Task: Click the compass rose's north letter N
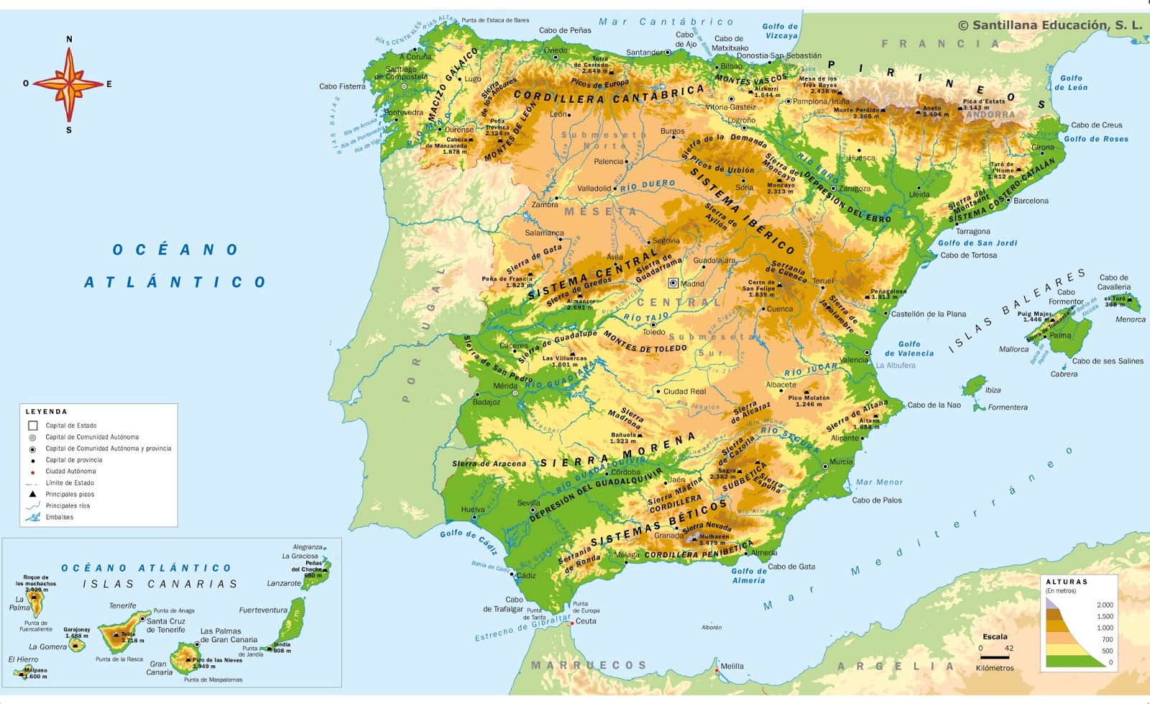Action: pyautogui.click(x=69, y=40)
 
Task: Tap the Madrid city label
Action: pyautogui.click(x=692, y=284)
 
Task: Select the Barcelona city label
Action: pyautogui.click(x=1031, y=201)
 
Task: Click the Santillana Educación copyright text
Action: pyautogui.click(x=1049, y=25)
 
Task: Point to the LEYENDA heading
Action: pyautogui.click(x=46, y=412)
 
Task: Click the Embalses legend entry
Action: pyautogui.click(x=59, y=518)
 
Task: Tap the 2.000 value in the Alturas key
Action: pyautogui.click(x=1105, y=605)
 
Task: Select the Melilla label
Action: pyautogui.click(x=732, y=667)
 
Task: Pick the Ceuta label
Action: pyautogui.click(x=586, y=621)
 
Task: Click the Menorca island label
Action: pyautogui.click(x=1130, y=320)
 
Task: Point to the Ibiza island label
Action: pyautogui.click(x=993, y=390)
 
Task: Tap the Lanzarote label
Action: pyautogui.click(x=284, y=584)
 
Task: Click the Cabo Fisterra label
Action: pyautogui.click(x=342, y=86)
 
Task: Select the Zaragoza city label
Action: pyautogui.click(x=855, y=189)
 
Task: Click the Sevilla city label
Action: pyautogui.click(x=528, y=503)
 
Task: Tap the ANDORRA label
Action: pyautogui.click(x=990, y=115)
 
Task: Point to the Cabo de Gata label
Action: pyautogui.click(x=791, y=567)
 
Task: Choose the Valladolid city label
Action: pyautogui.click(x=594, y=189)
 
